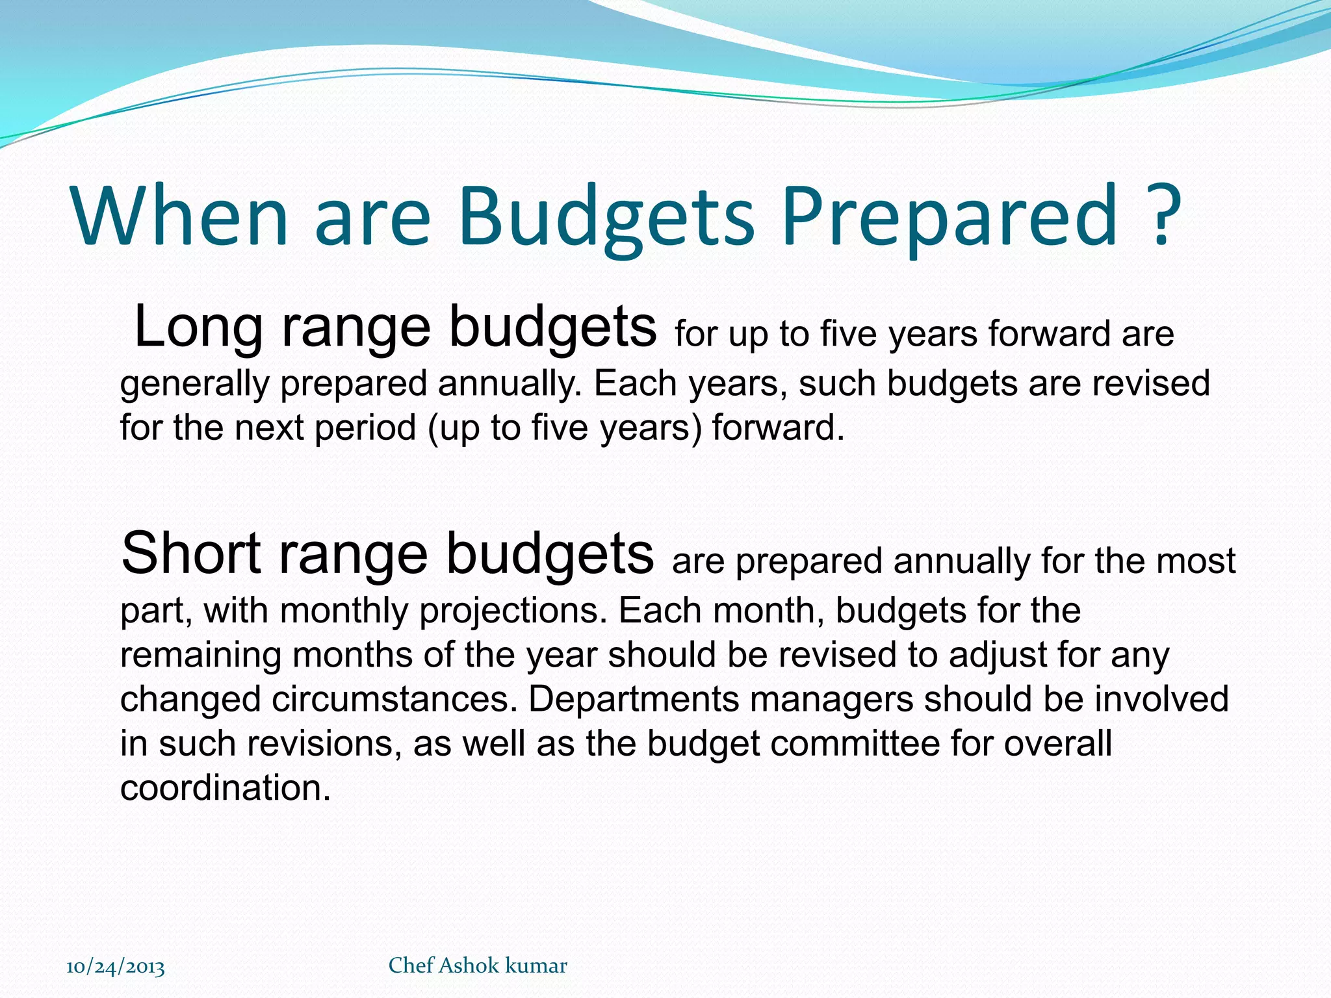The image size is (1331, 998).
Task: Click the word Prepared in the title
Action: [x=949, y=218]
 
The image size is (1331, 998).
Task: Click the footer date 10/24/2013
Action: [x=116, y=967]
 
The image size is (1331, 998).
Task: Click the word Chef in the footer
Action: [x=411, y=966]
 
